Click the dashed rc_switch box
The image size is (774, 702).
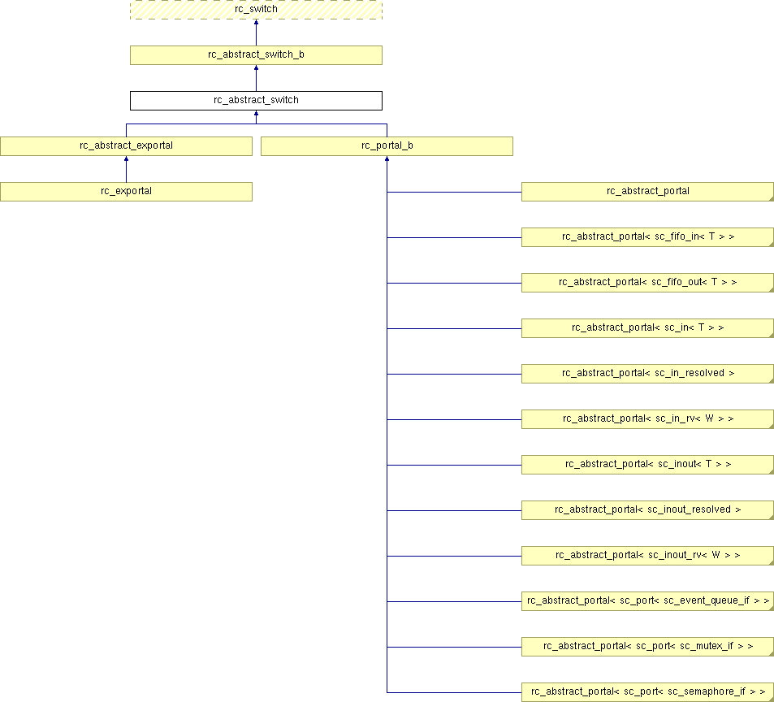coord(256,10)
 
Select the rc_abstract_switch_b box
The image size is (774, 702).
coord(256,54)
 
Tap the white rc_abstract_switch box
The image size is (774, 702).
coord(256,100)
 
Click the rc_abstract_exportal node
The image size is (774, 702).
coord(126,146)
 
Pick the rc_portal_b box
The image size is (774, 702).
coord(387,146)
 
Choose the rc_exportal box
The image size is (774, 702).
coord(126,192)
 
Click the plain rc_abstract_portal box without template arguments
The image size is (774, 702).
coord(647,192)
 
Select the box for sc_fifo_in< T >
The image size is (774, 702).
coord(647,237)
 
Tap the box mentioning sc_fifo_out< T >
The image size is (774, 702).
coord(647,283)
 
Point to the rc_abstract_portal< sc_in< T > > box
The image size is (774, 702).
coord(647,327)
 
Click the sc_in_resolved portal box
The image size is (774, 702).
coord(647,374)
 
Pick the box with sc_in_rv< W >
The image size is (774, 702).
coord(647,419)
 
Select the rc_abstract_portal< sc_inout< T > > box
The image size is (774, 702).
coord(647,465)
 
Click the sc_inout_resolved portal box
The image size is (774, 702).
coord(647,510)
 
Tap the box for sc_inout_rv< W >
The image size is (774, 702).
coord(647,556)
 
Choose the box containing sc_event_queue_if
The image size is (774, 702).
coord(647,600)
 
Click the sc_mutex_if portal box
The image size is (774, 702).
coord(647,647)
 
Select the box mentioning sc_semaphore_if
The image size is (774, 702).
coord(647,692)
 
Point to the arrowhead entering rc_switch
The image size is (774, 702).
coord(256,22)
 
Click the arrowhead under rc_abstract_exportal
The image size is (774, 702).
coord(127,158)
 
